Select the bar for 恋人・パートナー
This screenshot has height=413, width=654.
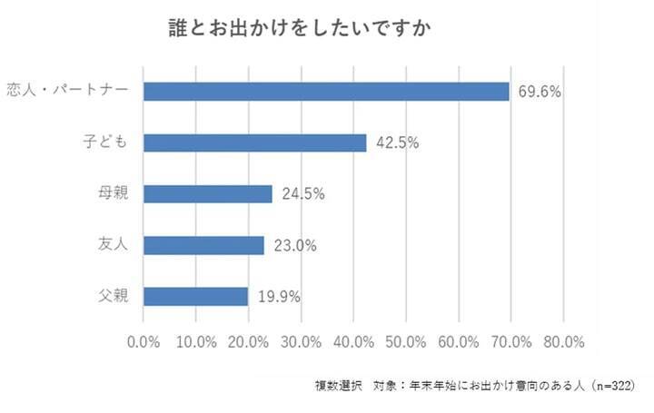point(326,91)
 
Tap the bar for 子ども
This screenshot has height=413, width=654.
point(255,143)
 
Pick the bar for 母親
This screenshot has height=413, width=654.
point(208,193)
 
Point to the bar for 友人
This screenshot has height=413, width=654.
point(203,245)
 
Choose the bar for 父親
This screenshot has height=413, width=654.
point(196,296)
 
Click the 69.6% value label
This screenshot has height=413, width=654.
point(540,91)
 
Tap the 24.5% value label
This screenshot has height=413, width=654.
point(302,193)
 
